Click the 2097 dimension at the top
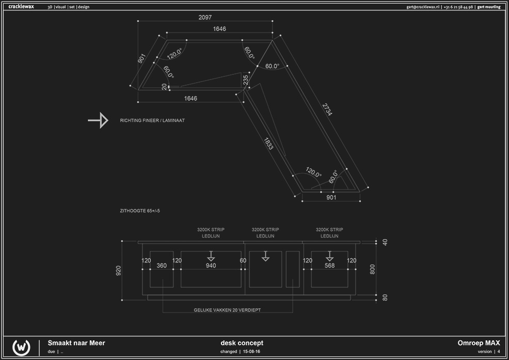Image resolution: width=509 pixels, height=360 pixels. pyautogui.click(x=205, y=18)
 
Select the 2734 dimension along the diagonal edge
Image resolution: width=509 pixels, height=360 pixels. pyautogui.click(x=327, y=110)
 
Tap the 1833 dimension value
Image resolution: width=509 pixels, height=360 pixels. pyautogui.click(x=268, y=144)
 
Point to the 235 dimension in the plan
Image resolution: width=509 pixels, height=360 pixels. pyautogui.click(x=246, y=80)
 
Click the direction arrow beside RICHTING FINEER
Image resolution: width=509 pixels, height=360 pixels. pyautogui.click(x=98, y=120)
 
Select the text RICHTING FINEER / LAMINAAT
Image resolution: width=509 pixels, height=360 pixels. pyautogui.click(x=152, y=120)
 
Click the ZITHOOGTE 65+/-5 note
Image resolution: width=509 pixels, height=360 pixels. pyautogui.click(x=143, y=211)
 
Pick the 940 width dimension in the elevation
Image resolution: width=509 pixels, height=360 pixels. pyautogui.click(x=211, y=266)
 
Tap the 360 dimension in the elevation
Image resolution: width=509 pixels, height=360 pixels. pyautogui.click(x=162, y=266)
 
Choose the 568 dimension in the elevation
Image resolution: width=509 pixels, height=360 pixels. pyautogui.click(x=329, y=266)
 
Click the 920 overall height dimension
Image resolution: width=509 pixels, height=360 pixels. pyautogui.click(x=119, y=270)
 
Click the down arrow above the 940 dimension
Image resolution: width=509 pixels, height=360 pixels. pyautogui.click(x=211, y=256)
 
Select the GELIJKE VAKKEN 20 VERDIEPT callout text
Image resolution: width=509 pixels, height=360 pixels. pyautogui.click(x=228, y=310)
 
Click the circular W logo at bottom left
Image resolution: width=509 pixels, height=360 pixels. pyautogui.click(x=21, y=347)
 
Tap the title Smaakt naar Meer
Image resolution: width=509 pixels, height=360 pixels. pyautogui.click(x=76, y=343)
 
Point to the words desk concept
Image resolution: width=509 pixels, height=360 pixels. pyautogui.click(x=242, y=343)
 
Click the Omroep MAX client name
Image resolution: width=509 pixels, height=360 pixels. pyautogui.click(x=479, y=343)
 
